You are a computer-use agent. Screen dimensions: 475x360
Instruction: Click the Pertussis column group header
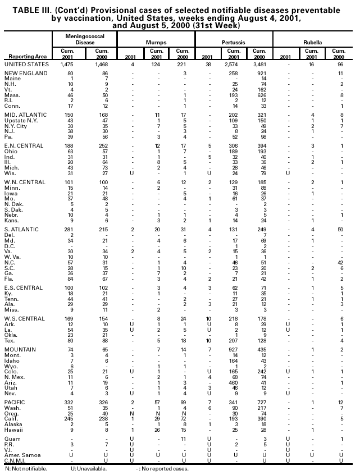pyautogui.click(x=233, y=42)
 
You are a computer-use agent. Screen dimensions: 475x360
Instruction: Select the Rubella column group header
pyautogui.click(x=312, y=42)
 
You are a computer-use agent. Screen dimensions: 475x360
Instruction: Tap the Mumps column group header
pyautogui.click(x=156, y=42)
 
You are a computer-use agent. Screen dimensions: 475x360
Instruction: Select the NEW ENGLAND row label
pyautogui.click(x=22, y=74)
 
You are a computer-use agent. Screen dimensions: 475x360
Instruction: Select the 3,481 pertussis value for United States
pyautogui.click(x=258, y=65)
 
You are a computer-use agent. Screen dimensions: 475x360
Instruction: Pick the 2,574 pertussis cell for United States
pyautogui.click(x=231, y=65)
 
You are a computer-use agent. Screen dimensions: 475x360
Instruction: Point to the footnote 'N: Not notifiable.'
pyautogui.click(x=26, y=468)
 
